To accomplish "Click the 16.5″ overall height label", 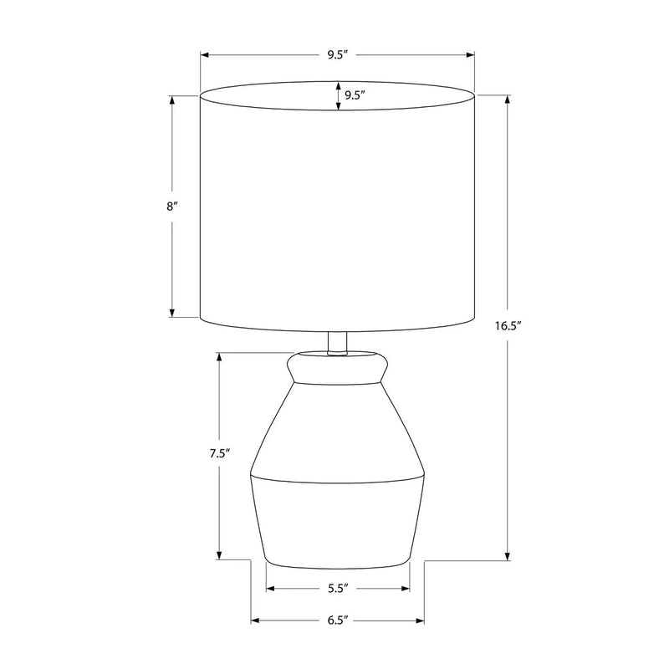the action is [x=508, y=326].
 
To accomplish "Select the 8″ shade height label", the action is [x=172, y=207].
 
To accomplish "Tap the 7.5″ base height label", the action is [x=220, y=453].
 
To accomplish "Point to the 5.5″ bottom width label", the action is [x=339, y=589].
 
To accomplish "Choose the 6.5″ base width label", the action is [x=339, y=620].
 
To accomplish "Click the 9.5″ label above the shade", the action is [x=339, y=55].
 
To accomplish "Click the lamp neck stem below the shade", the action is [x=338, y=344].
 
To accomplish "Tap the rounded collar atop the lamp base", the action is [x=338, y=368].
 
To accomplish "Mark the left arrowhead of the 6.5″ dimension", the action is [x=255, y=620].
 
